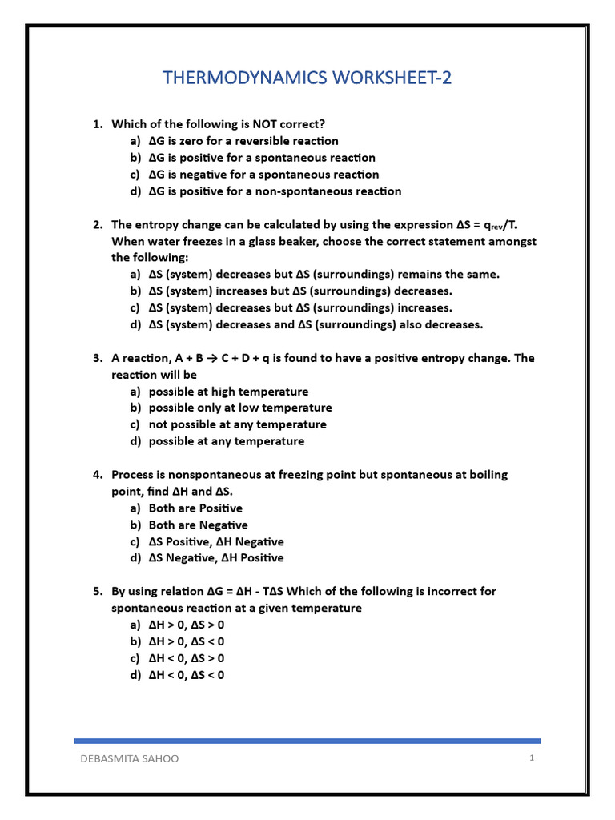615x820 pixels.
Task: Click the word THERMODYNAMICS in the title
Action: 243,78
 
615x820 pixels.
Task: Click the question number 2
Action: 97,225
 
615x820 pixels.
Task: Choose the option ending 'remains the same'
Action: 324,275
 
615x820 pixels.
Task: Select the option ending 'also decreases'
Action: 316,324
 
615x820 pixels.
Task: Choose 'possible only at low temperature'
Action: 240,408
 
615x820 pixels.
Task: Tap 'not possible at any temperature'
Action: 237,424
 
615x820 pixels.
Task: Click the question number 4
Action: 97,475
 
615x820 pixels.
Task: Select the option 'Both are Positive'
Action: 195,508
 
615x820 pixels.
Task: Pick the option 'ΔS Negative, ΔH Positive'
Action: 216,558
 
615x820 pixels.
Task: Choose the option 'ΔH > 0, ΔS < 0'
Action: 187,641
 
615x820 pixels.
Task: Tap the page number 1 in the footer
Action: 531,758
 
